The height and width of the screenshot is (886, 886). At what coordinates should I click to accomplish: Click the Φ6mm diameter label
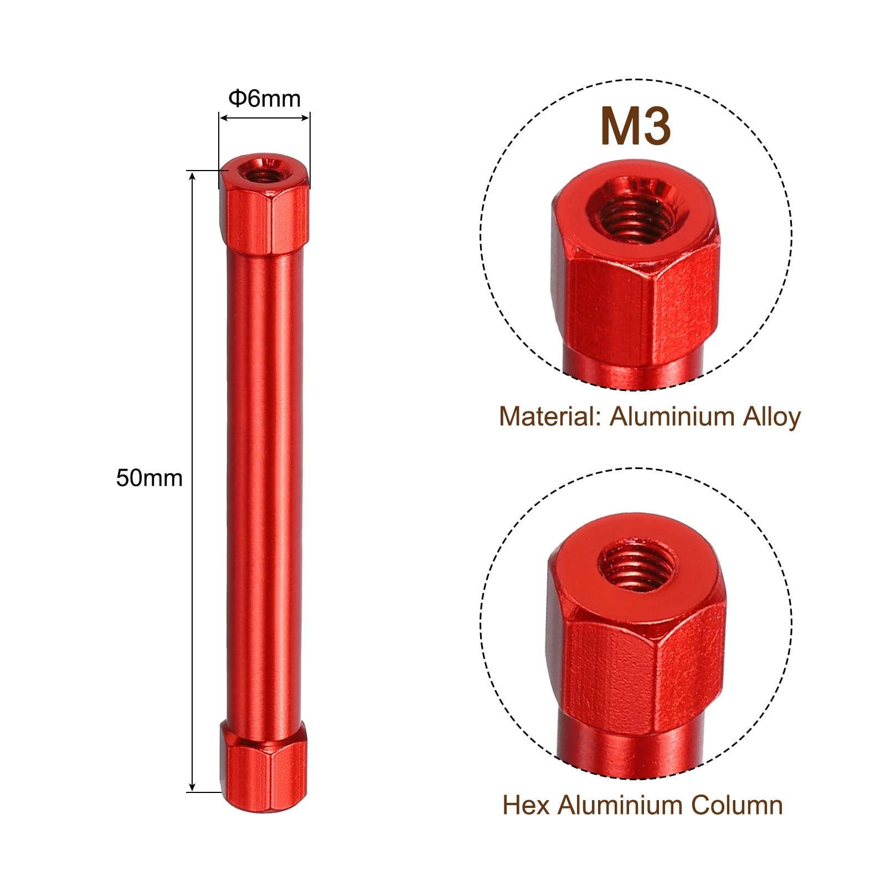click(x=265, y=99)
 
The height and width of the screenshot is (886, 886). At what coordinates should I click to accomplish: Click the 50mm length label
click(x=149, y=478)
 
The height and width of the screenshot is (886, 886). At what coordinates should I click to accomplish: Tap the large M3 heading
click(x=636, y=127)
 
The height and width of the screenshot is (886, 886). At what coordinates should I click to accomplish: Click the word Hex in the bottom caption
click(x=527, y=806)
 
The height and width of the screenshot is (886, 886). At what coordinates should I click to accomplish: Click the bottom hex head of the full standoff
click(x=264, y=766)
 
